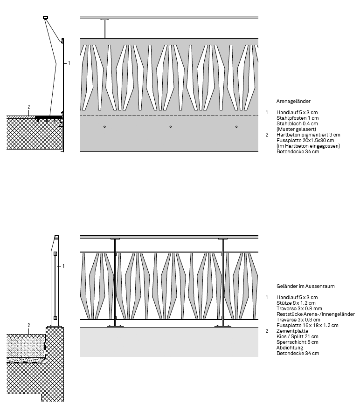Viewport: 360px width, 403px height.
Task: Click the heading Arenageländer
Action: coord(293,101)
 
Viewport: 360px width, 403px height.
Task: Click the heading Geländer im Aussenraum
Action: coord(305,286)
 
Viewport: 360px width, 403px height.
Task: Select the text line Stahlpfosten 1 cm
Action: coord(298,118)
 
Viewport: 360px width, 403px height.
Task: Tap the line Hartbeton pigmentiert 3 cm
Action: coord(308,135)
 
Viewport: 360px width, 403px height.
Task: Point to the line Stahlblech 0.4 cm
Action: coord(297,123)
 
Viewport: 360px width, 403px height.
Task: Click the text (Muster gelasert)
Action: coord(296,129)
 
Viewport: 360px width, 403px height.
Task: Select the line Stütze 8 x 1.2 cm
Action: coord(296,303)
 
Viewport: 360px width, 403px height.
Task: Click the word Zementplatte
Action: coord(292,331)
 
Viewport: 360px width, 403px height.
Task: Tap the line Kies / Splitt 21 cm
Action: coord(297,336)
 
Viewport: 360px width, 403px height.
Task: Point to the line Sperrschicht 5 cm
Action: coord(297,342)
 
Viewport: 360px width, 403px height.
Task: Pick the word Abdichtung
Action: coord(290,348)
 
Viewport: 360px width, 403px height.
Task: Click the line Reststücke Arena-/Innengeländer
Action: coord(315,314)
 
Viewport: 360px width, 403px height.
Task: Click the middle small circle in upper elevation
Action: coord(171,127)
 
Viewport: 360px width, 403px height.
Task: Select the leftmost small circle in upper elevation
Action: coord(105,127)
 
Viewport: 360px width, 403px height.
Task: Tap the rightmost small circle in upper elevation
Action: coord(236,127)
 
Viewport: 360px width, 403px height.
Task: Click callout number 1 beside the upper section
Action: coord(69,62)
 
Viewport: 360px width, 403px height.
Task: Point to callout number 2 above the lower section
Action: coord(28,325)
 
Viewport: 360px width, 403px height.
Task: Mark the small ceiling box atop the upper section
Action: coord(45,18)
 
